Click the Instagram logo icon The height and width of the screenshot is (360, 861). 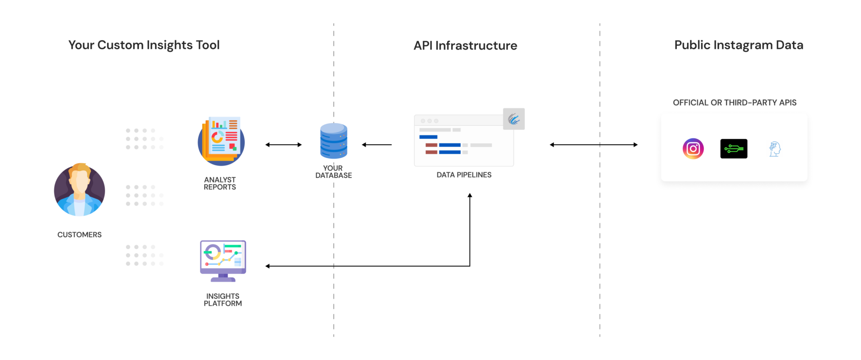click(x=693, y=148)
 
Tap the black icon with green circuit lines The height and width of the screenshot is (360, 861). click(x=734, y=148)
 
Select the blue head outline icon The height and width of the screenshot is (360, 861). click(x=775, y=149)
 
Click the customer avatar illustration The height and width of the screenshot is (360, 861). click(x=79, y=190)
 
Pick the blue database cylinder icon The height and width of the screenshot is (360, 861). click(x=333, y=141)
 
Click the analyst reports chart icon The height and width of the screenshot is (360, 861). click(x=222, y=141)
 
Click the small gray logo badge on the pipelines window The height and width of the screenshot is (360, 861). click(x=514, y=119)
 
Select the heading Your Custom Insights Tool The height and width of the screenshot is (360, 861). click(x=144, y=45)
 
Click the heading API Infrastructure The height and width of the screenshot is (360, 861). click(x=465, y=45)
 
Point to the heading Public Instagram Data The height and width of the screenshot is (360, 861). click(x=739, y=45)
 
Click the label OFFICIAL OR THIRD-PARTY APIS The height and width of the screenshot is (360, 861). click(x=734, y=103)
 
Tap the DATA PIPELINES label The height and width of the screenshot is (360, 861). click(x=464, y=175)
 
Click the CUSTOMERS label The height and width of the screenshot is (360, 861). click(x=79, y=235)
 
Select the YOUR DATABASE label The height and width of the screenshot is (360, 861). click(x=333, y=172)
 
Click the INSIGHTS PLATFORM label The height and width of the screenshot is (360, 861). click(x=223, y=300)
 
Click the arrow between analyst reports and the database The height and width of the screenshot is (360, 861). click(x=283, y=145)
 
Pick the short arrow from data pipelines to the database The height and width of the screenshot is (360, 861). click(x=377, y=145)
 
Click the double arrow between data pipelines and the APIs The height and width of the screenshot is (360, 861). click(x=593, y=145)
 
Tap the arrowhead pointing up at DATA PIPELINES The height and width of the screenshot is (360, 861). click(x=470, y=196)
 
